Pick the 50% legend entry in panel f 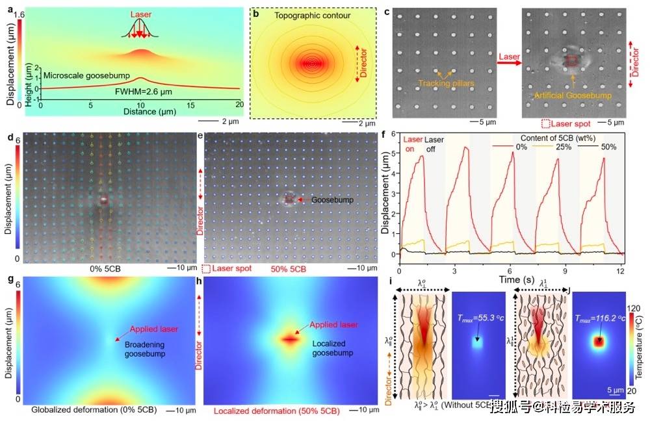(609, 147)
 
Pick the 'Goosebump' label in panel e (333, 200)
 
